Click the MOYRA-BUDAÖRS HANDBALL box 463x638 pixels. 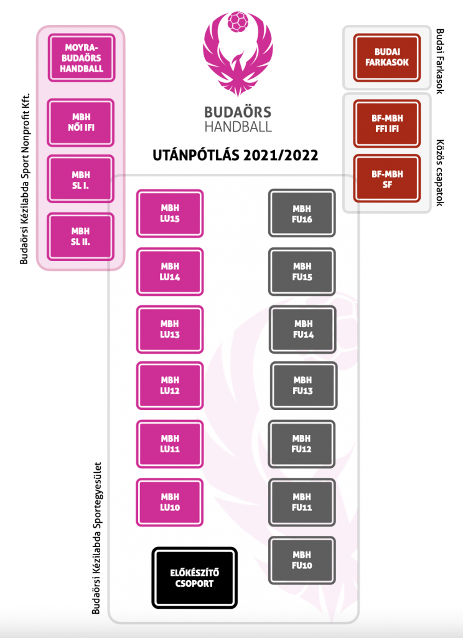82,58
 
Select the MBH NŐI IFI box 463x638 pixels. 80,123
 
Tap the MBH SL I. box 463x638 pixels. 80,179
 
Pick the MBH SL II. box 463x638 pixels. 80,236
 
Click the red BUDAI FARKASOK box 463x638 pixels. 387,57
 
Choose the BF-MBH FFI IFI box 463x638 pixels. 387,123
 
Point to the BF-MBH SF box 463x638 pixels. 387,179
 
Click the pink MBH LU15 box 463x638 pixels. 169,213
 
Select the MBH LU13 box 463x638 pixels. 169,329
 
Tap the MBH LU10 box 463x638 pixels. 169,502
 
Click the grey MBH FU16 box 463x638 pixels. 302,213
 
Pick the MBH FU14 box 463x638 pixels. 302,329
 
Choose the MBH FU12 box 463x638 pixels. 301,444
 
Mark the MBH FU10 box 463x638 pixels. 302,560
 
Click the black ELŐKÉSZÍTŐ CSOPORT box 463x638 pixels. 194,578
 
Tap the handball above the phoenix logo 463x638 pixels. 237,22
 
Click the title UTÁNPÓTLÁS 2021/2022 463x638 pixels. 235,155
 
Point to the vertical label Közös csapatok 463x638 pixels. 440,173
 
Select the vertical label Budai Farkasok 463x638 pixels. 440,61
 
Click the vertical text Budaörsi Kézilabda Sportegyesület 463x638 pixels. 96,538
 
